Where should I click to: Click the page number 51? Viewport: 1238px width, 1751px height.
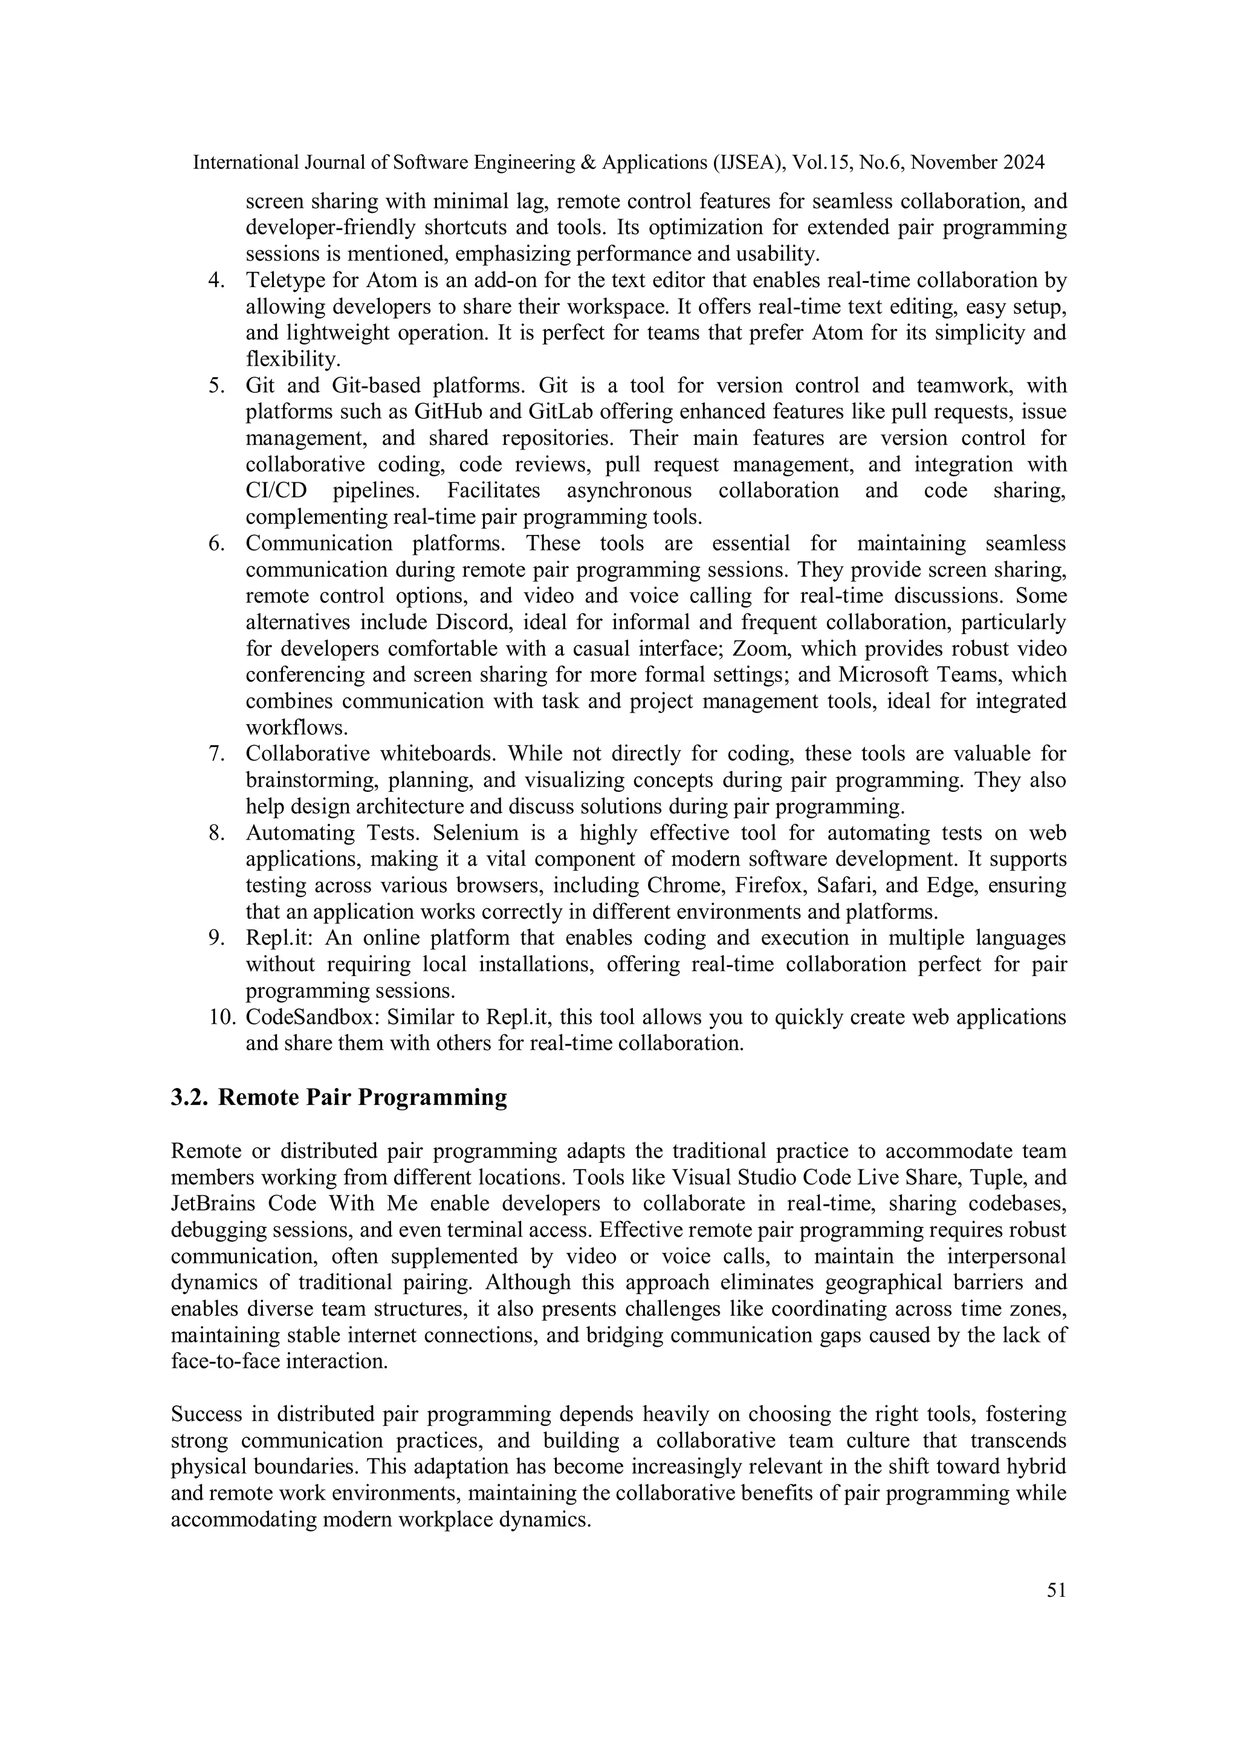(1055, 1590)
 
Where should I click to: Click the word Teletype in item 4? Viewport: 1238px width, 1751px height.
(279, 280)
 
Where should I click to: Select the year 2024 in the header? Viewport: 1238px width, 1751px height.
(1023, 163)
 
